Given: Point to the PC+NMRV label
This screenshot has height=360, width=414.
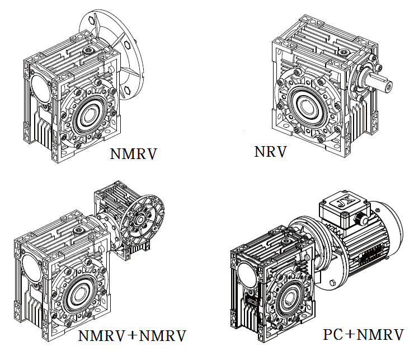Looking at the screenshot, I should point(363,335).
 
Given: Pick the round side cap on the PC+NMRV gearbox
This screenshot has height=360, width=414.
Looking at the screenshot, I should point(244,274).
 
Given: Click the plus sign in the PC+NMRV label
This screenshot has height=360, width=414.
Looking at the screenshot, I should point(346,335).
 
